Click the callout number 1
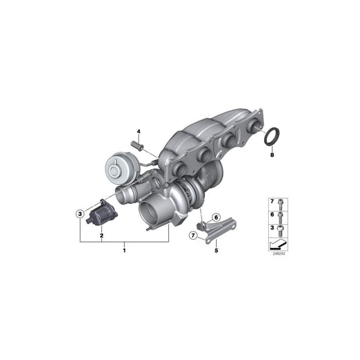[124, 251]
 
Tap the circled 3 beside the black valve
[80, 213]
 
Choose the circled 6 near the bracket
[216, 217]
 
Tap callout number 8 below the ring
[272, 155]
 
